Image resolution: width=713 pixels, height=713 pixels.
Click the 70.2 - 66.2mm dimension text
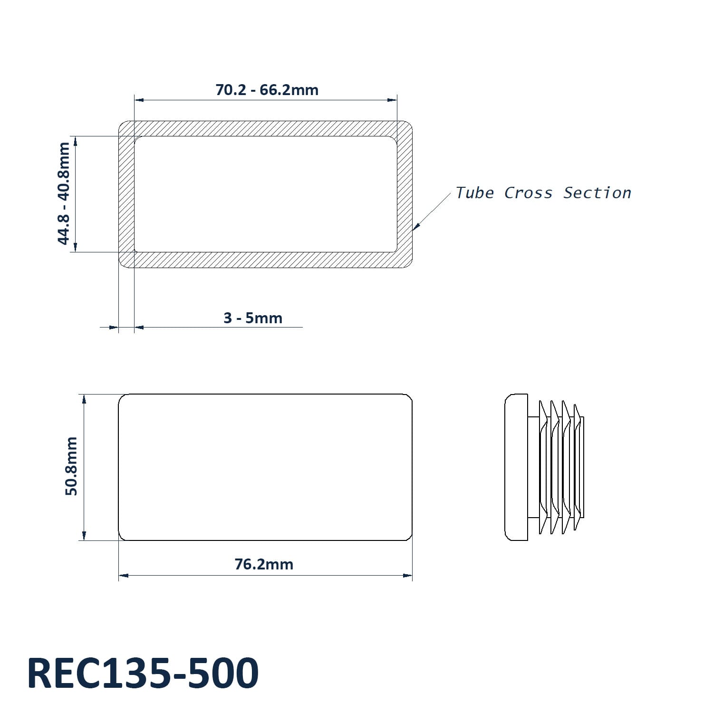(x=267, y=90)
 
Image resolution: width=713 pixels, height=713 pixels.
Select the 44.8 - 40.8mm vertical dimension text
(x=64, y=193)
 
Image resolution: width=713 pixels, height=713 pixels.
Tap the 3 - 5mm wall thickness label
(x=253, y=318)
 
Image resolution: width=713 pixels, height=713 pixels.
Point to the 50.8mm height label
(x=71, y=466)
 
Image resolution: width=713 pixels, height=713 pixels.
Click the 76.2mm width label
(x=264, y=564)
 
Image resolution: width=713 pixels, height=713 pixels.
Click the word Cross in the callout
(x=529, y=193)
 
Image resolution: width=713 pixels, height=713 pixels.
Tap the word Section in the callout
(x=597, y=193)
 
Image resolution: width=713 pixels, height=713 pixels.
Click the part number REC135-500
(x=143, y=673)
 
